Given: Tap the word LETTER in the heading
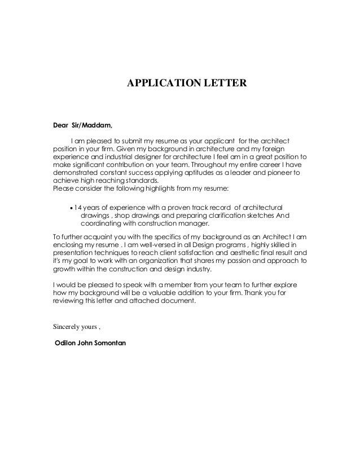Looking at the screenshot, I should (x=224, y=84).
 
